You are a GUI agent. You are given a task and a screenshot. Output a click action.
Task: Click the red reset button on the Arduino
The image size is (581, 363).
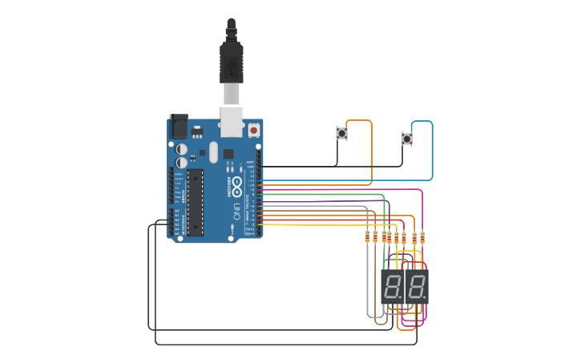pos(254,129)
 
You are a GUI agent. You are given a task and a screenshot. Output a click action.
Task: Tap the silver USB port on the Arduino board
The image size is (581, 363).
pos(232,121)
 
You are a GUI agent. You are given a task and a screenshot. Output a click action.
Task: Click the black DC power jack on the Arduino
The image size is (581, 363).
pos(178,126)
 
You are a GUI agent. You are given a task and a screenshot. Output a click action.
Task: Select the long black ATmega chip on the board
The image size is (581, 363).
pos(195,202)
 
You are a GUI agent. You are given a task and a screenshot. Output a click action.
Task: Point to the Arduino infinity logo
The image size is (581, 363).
pos(237,182)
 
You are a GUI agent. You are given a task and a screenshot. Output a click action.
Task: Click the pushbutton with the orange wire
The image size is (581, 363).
pos(341,134)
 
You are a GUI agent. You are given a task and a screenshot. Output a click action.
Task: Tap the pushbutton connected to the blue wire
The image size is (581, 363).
pos(406,139)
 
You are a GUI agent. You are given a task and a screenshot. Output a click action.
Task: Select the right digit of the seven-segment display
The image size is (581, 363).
pos(417,286)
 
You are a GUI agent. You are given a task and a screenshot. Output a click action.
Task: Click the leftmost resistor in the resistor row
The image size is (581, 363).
pos(368,237)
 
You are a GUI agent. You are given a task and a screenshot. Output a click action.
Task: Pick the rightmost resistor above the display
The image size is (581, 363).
pos(422,237)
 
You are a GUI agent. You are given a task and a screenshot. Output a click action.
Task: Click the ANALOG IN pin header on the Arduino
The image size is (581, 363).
pos(177,222)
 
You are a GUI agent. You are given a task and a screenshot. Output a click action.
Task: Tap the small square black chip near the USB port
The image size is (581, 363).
pos(228,153)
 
